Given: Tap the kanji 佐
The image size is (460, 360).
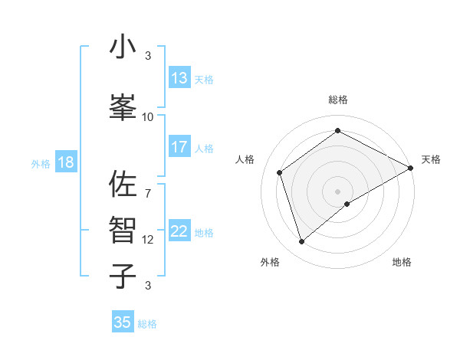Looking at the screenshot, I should coord(123,185).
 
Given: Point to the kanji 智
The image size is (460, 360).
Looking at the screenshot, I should coord(123,228).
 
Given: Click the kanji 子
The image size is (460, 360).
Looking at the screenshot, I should coord(123,276).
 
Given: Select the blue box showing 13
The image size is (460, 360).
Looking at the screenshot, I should coord(179,78).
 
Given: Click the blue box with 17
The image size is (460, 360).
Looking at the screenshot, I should coord(179,147).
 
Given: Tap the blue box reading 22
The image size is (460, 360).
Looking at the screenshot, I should coord(179,231).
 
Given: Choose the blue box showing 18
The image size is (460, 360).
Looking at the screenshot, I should coord(65,162).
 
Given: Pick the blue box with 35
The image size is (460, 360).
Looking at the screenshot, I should coord(123,322).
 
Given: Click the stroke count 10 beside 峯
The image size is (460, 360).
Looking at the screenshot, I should coord(148,116).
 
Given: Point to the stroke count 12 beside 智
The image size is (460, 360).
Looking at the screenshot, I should coord(148,240).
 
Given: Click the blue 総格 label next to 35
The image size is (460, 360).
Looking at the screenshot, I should coord(147,324).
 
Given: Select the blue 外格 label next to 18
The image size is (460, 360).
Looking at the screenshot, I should coord(41,164).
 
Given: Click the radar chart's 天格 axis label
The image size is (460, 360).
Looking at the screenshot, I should coord(431,159).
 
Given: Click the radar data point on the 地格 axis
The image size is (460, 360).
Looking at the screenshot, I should coord(347,204).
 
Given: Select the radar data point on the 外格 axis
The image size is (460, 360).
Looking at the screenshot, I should coord(302,242).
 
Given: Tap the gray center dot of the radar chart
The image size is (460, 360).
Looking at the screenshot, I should coord(337,191).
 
